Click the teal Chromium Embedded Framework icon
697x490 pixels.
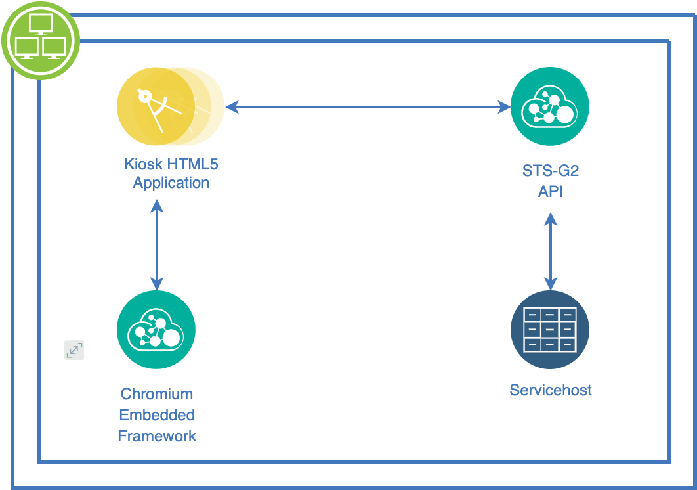click(156, 330)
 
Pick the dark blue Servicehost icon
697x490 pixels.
click(550, 330)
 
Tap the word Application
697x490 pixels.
click(171, 183)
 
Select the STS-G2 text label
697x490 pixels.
click(550, 172)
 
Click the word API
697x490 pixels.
click(551, 192)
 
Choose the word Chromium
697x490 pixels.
click(157, 394)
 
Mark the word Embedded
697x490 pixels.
click(157, 415)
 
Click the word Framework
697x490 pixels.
click(157, 436)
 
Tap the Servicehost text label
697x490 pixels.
click(551, 390)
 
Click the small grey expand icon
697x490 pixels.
click(74, 350)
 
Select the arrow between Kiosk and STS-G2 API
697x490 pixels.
click(368, 106)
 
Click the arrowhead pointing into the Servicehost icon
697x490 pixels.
click(550, 284)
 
